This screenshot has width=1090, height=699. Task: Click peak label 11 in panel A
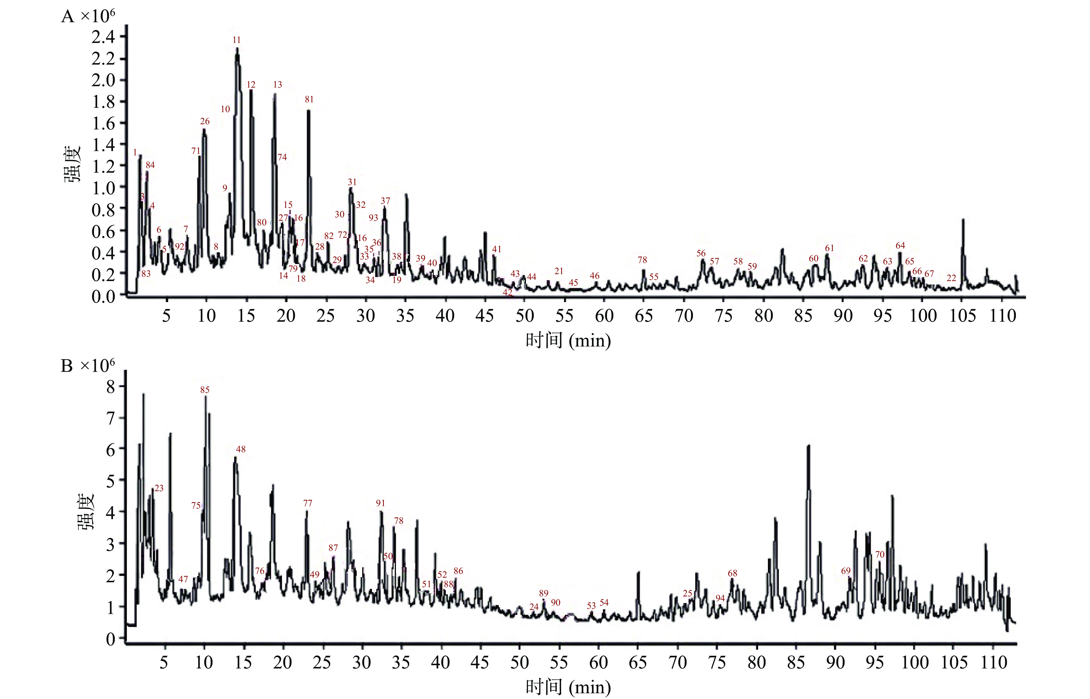(236, 40)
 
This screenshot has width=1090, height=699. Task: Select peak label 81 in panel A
(309, 99)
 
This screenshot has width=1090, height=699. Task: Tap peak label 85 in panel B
(205, 390)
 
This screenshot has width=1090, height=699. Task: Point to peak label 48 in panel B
(240, 449)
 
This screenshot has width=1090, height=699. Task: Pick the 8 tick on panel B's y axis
(110, 387)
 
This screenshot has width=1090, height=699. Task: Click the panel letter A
(67, 17)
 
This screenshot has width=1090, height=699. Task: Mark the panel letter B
(67, 366)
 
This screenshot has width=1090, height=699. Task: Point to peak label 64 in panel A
(900, 246)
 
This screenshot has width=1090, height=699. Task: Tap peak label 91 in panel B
(380, 503)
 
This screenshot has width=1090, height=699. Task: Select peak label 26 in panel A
(205, 122)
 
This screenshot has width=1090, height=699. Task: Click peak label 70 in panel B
(880, 555)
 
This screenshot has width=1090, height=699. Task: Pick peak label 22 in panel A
(951, 278)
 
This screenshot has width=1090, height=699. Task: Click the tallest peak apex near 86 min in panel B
(808, 446)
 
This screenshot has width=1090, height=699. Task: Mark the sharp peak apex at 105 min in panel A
(963, 220)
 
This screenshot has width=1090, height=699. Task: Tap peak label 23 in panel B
(159, 488)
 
